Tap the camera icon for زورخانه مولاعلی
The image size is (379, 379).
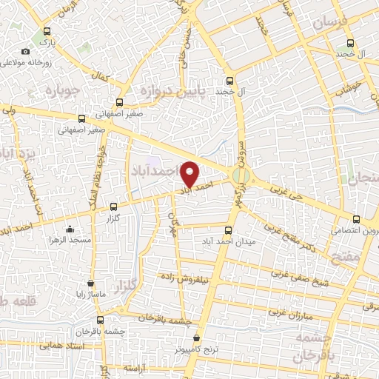tap(26, 51)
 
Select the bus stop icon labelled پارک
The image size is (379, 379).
tap(47, 32)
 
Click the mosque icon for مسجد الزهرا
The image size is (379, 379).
tap(69, 228)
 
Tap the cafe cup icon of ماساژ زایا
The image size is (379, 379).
tap(90, 282)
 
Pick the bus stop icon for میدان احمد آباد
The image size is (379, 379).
tap(228, 229)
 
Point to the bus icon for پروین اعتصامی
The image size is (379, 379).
tap(356, 219)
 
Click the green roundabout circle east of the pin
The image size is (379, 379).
tap(239, 175)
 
